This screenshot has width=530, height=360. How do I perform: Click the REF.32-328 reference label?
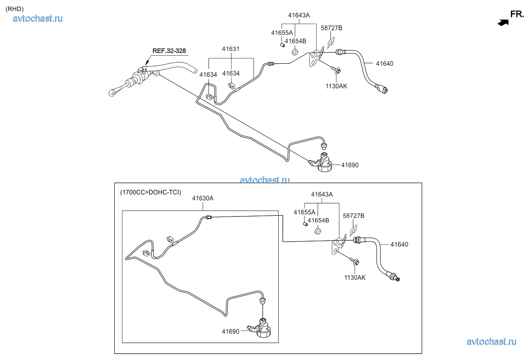pyautogui.click(x=169, y=51)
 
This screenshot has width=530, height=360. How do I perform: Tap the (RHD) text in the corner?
pyautogui.click(x=14, y=8)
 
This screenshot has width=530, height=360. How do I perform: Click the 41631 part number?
pyautogui.click(x=231, y=49)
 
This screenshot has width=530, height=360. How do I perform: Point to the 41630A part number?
pyautogui.click(x=203, y=198)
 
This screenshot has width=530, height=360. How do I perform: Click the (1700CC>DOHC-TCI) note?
pyautogui.click(x=151, y=192)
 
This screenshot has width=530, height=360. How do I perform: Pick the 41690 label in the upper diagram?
pyautogui.click(x=350, y=165)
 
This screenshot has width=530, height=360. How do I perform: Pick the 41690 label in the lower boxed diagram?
pyautogui.click(x=231, y=331)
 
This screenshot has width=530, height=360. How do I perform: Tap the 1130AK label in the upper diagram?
pyautogui.click(x=336, y=86)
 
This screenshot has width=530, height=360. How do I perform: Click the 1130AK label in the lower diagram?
pyautogui.click(x=355, y=278)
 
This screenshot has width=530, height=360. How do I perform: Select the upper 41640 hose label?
pyautogui.click(x=384, y=64)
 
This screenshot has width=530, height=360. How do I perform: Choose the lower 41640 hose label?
pyautogui.click(x=399, y=245)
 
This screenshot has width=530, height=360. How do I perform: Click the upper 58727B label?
pyautogui.click(x=331, y=28)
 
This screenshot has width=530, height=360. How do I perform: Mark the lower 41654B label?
pyautogui.click(x=319, y=220)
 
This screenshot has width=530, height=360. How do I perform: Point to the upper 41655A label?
pyautogui.click(x=282, y=33)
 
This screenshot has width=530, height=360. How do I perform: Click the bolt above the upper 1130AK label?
pyautogui.click(x=335, y=69)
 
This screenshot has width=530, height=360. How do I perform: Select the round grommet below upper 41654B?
pyautogui.click(x=294, y=53)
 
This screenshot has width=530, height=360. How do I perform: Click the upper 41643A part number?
pyautogui.click(x=299, y=15)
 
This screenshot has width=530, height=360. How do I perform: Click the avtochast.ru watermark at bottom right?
pyautogui.click(x=491, y=341)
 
